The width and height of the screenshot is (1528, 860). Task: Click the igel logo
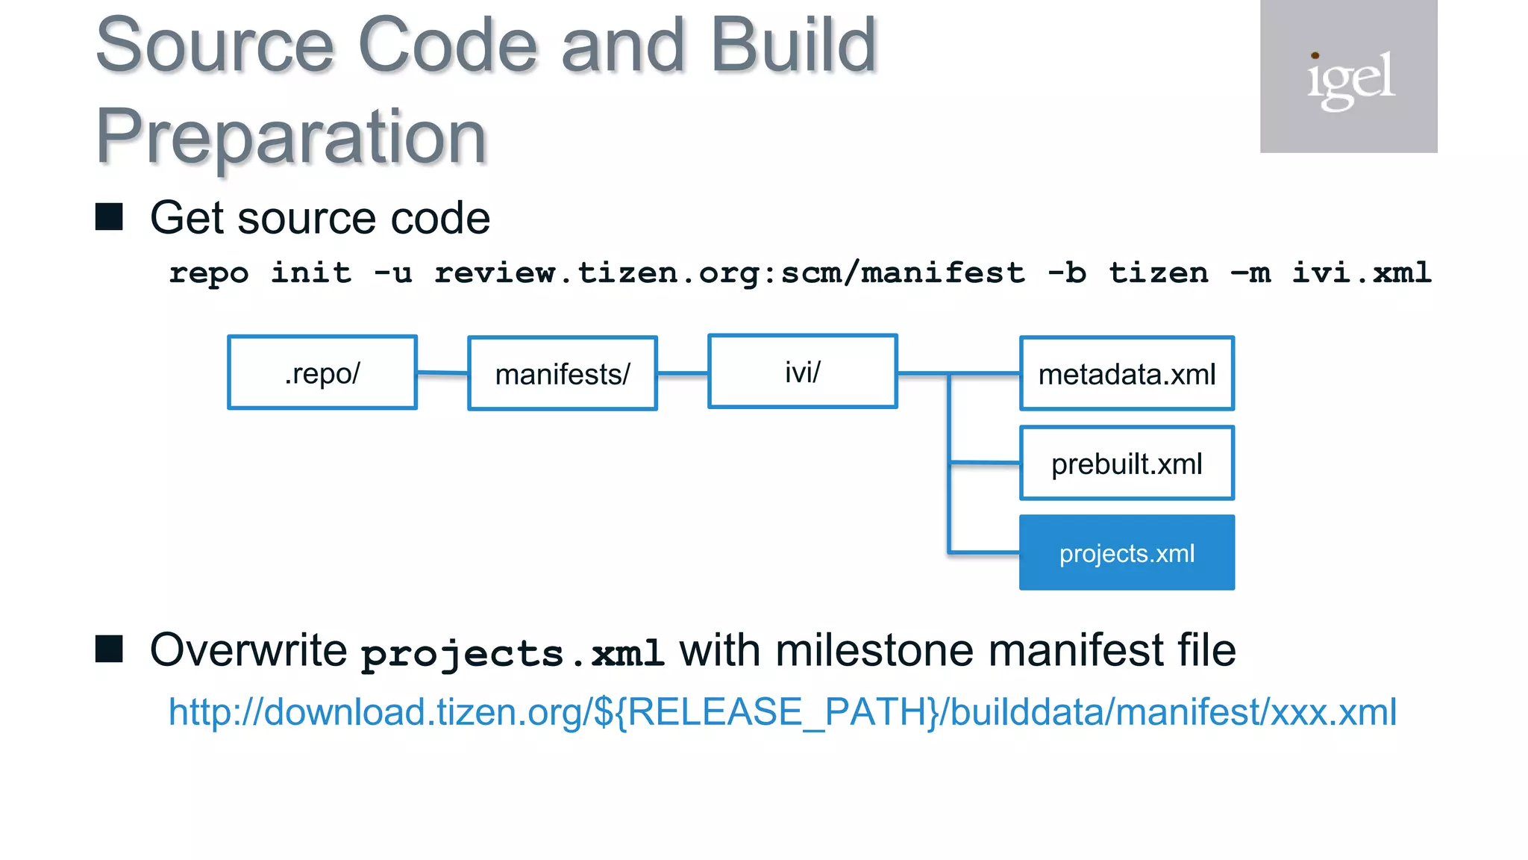(1348, 77)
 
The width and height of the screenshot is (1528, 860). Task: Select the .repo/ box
(322, 373)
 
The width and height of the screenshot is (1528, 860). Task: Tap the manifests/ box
(563, 373)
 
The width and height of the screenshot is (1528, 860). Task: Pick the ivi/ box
(802, 371)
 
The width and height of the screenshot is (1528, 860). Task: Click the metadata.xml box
(1127, 373)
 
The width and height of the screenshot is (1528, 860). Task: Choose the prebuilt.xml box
(1127, 464)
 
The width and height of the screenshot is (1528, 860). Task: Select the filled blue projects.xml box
(1127, 553)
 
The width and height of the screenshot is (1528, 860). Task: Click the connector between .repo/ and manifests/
(442, 373)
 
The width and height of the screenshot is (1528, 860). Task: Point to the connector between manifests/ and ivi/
(682, 373)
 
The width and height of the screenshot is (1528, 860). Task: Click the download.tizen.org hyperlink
(782, 711)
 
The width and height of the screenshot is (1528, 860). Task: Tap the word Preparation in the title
(291, 136)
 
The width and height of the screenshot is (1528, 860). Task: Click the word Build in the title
(793, 46)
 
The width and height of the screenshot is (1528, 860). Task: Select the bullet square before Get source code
(110, 217)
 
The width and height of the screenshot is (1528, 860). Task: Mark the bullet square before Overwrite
(110, 649)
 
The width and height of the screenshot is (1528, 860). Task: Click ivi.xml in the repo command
(1362, 272)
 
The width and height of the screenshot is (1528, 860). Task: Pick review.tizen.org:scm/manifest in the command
(730, 272)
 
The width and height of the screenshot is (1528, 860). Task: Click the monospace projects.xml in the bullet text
(513, 653)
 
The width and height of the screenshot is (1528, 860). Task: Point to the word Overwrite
(248, 649)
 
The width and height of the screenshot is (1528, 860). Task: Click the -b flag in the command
(1067, 272)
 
